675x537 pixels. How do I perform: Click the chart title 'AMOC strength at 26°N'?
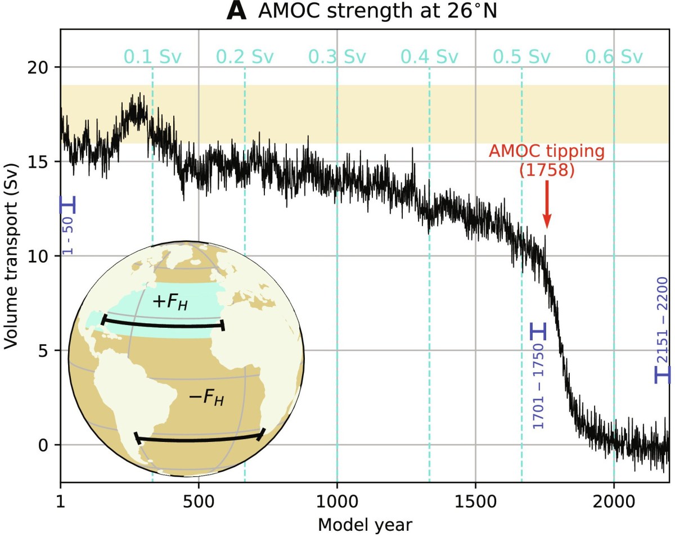[377, 11]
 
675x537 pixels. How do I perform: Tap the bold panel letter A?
[237, 11]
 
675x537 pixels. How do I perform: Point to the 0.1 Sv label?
[152, 57]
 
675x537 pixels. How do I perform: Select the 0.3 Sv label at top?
[337, 57]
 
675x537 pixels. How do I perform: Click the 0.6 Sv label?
[614, 57]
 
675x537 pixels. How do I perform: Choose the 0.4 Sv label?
[429, 57]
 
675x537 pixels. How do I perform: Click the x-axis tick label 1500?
[475, 501]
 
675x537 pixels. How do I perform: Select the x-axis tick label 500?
[199, 501]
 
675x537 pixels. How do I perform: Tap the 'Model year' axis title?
[364, 525]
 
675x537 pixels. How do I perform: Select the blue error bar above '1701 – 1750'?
[538, 331]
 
